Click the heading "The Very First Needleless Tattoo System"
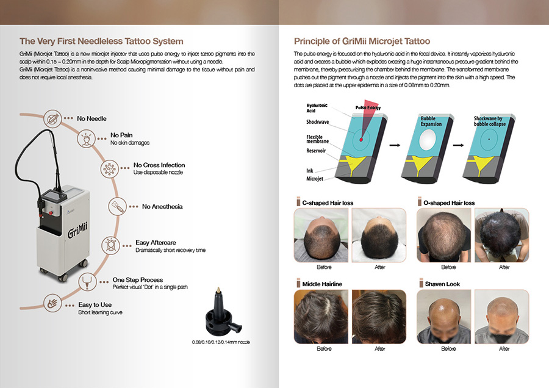(101, 41)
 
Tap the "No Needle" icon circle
(52, 118)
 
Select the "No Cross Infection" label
(159, 165)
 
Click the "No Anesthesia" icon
(117, 206)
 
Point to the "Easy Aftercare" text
(156, 242)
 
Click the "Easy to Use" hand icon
(52, 303)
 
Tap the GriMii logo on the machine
(77, 230)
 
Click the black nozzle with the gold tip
(221, 312)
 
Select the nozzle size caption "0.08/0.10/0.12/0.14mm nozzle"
(221, 342)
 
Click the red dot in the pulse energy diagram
(361, 139)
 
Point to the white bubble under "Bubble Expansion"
(428, 139)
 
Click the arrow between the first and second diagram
(395, 145)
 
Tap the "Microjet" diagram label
(315, 179)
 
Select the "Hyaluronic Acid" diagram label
(317, 108)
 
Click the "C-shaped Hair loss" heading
(328, 203)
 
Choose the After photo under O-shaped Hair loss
(502, 235)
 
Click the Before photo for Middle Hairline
(321, 317)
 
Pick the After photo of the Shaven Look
(502, 317)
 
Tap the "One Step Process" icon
(87, 281)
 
